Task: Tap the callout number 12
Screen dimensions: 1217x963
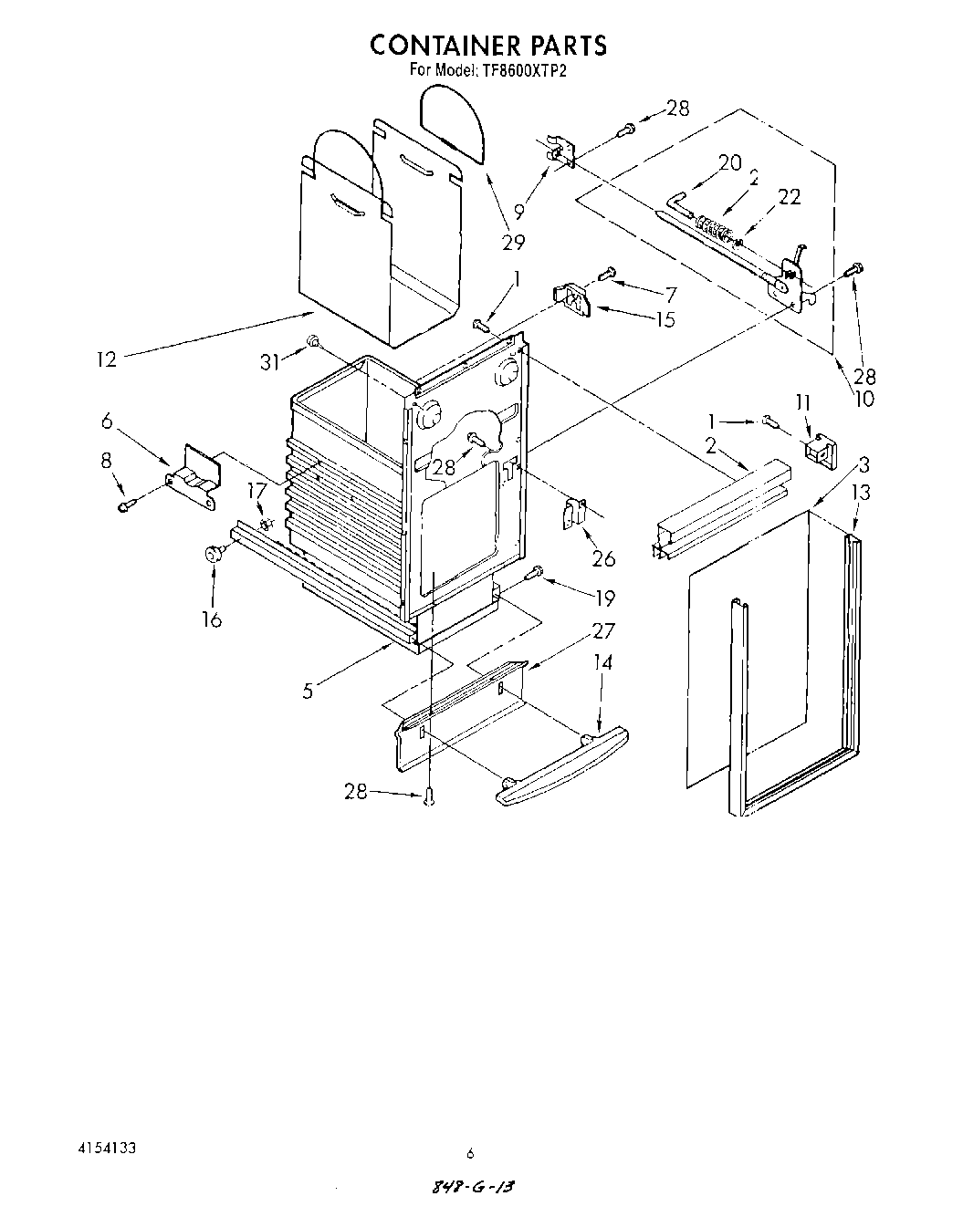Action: pyautogui.click(x=107, y=359)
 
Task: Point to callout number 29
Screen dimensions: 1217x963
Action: pyautogui.click(x=513, y=242)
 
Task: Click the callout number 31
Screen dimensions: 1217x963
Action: pyautogui.click(x=270, y=362)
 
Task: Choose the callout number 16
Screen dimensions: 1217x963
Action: pyautogui.click(x=212, y=619)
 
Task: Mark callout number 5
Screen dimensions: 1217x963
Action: pyautogui.click(x=309, y=691)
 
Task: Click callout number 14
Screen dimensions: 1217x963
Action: pyautogui.click(x=602, y=662)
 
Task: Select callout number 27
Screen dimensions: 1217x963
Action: pyautogui.click(x=603, y=630)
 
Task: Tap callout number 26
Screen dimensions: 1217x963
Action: pyautogui.click(x=604, y=558)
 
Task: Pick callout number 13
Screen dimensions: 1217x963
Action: pyautogui.click(x=860, y=493)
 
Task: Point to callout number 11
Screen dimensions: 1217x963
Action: pyautogui.click(x=802, y=401)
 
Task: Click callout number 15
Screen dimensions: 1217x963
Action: pyautogui.click(x=665, y=319)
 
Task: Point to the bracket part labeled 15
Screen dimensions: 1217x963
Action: pyautogui.click(x=573, y=299)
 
